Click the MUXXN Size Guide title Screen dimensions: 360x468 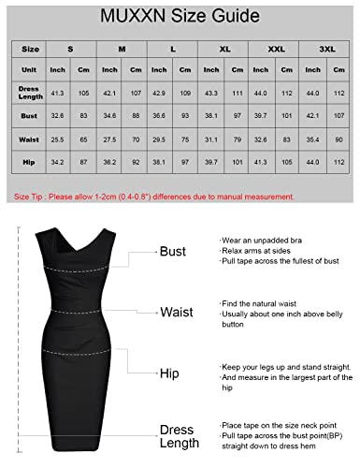(179, 17)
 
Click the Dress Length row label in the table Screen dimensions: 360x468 (31, 94)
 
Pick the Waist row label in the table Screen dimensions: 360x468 (31, 139)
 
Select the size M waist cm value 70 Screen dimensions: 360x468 (136, 139)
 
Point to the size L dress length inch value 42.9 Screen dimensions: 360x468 (158, 94)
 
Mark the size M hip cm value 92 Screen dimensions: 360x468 (136, 162)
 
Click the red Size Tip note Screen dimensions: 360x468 (153, 197)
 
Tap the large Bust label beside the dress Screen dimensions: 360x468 (172, 252)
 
